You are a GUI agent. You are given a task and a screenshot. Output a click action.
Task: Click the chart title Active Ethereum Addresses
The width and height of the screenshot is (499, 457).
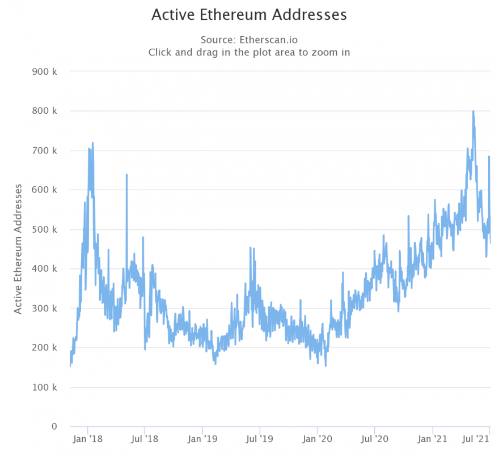tap(249, 14)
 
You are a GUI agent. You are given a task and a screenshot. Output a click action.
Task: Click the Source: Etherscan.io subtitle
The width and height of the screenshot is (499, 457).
tap(249, 40)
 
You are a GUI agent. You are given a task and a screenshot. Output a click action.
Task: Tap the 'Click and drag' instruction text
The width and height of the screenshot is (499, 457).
tap(249, 52)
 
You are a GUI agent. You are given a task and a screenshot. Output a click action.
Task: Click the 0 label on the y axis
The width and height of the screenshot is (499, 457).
tap(54, 426)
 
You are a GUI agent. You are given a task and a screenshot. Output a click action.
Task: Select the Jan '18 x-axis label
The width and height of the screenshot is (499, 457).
tap(88, 438)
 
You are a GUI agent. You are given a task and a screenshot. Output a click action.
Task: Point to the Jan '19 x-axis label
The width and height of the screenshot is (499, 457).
tap(202, 438)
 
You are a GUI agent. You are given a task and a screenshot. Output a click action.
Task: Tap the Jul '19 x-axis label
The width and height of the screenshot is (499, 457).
tap(259, 438)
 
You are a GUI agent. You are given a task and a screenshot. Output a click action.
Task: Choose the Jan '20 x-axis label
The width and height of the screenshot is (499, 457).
tap(317, 438)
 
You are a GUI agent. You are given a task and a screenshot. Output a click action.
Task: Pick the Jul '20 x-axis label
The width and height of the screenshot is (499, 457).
tap(374, 438)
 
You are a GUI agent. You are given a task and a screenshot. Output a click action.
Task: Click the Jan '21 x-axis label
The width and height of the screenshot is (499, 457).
tap(433, 438)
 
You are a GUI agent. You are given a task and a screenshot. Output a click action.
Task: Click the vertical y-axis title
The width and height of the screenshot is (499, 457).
tap(19, 249)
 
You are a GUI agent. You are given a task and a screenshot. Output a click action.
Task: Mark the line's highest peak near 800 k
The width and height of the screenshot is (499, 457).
tap(473, 112)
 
